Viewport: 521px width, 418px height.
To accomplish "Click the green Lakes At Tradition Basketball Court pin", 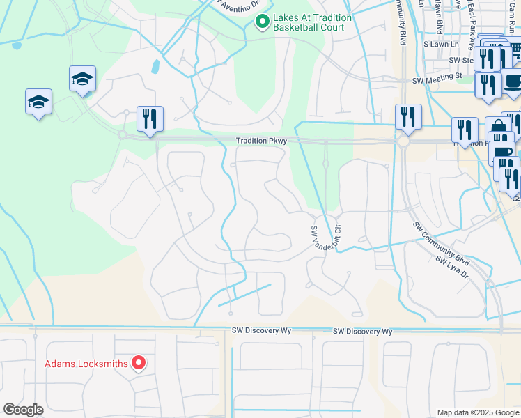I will pos(262,23).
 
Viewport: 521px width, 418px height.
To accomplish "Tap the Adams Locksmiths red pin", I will pos(138,363).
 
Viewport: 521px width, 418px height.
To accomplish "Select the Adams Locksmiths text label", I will pos(86,364).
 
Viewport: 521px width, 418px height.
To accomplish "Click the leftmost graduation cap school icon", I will pos(38,103).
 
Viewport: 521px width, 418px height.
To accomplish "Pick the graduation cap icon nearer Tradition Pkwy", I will pos(82,79).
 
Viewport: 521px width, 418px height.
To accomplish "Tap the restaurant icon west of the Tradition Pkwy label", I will pos(150,119).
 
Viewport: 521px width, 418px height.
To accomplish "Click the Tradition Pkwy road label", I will pos(261,141).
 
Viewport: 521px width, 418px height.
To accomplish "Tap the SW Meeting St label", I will pos(437,82).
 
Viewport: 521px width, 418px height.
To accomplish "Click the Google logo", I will pos(23,410).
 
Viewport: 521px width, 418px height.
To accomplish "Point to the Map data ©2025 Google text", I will pos(478,412).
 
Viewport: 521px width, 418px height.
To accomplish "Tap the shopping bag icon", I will pos(498,128).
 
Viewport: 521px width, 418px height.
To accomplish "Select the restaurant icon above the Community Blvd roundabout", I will pos(408,116).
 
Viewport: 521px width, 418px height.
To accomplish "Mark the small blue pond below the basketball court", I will pos(155,67).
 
